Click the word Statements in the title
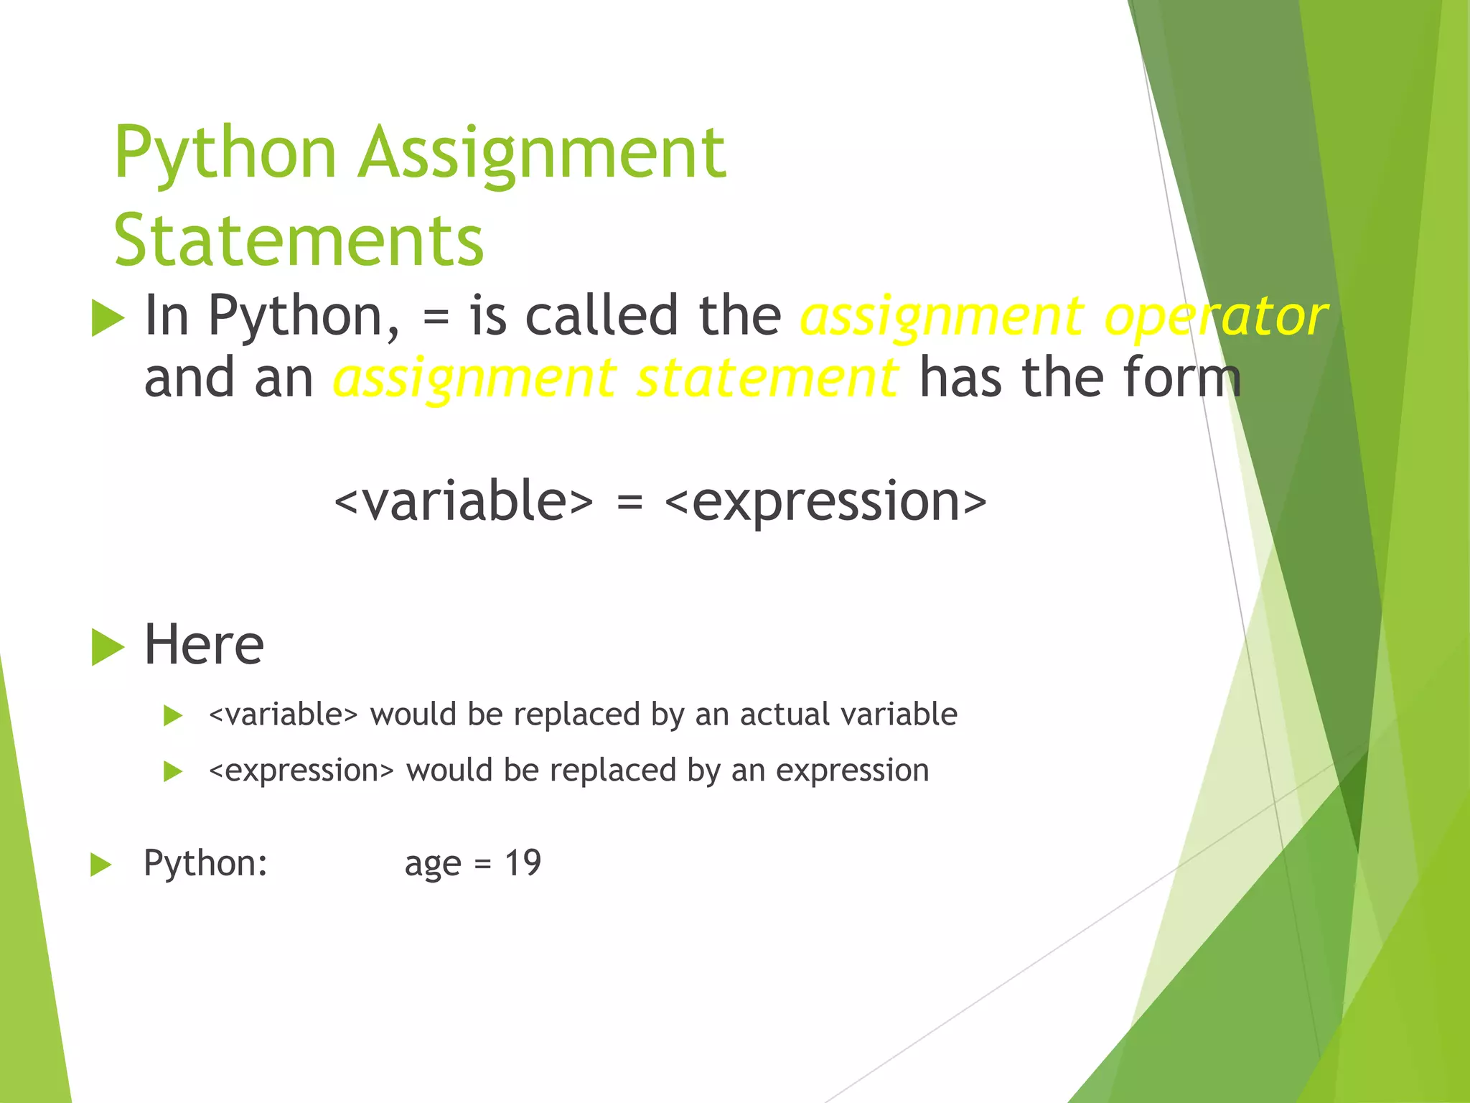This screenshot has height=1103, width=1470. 299,241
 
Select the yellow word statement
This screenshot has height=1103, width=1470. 766,378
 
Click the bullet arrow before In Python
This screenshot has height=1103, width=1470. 108,319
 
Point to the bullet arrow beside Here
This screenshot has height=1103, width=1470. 108,647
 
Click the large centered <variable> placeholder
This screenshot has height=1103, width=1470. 464,501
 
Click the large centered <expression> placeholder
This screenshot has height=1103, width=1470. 825,501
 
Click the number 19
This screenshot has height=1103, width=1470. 523,862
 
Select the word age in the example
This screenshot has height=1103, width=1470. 433,864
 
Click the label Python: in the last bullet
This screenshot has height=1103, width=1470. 205,862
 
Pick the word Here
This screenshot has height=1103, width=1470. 204,644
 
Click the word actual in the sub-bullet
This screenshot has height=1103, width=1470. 784,714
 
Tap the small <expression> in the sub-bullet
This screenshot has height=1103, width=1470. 301,771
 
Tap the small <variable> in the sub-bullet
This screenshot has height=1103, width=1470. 283,715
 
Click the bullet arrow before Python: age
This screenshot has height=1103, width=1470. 100,865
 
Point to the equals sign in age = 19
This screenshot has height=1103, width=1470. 482,865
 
